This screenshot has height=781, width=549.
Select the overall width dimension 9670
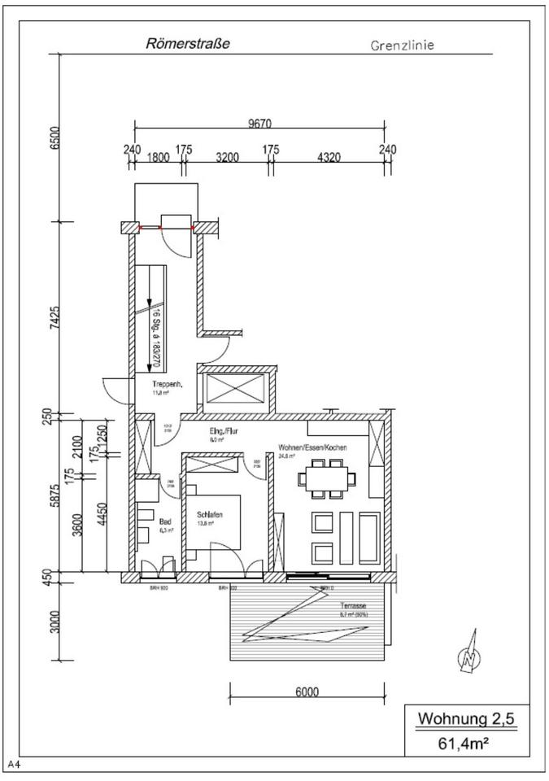(x=259, y=124)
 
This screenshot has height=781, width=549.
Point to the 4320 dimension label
(x=329, y=158)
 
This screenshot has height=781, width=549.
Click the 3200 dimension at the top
(x=227, y=158)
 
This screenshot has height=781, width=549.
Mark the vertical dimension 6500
(x=54, y=137)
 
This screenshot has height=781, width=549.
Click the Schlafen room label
(x=209, y=515)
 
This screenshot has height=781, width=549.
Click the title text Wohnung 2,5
(x=466, y=718)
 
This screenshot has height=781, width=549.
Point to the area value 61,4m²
(x=466, y=742)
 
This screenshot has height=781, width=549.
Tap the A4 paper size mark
(x=14, y=764)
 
